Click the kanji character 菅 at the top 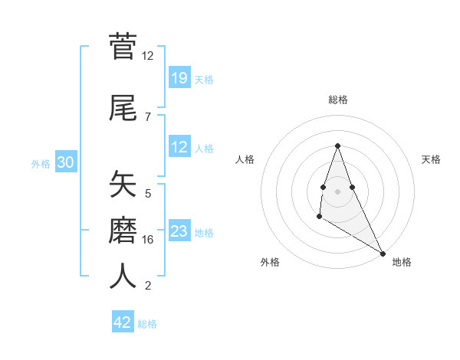click(123, 47)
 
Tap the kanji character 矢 click(123, 185)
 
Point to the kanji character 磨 click(123, 230)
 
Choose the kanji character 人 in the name click(123, 276)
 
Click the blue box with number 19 click(179, 78)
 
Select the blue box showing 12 click(179, 147)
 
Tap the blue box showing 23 click(179, 231)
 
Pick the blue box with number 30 click(65, 162)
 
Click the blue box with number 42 click(123, 322)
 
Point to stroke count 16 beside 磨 click(148, 240)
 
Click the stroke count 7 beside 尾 click(148, 116)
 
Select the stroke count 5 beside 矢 click(148, 194)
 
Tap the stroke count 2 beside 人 click(148, 286)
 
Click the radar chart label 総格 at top click(337, 100)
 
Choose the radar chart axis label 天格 click(431, 159)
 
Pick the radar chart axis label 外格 click(270, 263)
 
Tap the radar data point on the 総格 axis click(337, 146)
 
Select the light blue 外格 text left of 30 click(41, 163)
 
